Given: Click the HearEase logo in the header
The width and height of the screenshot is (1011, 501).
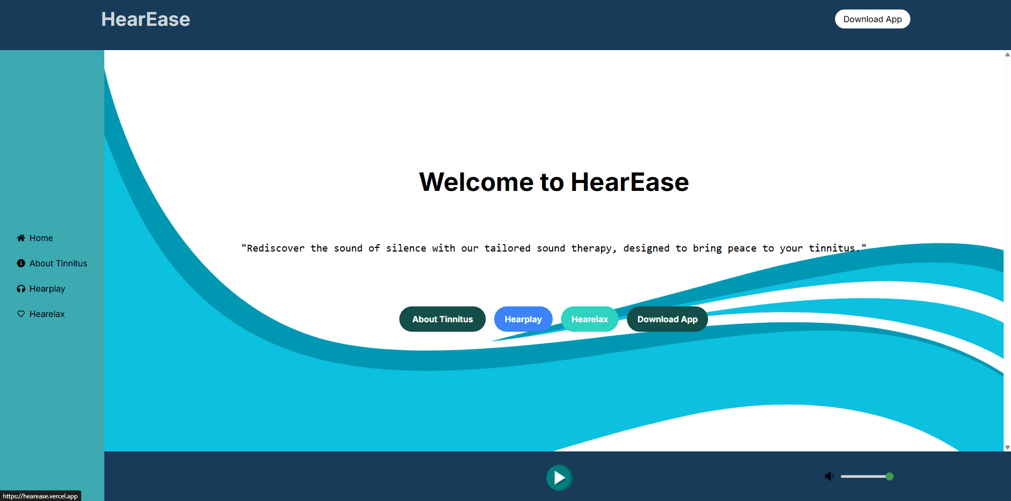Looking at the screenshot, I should pos(145,20).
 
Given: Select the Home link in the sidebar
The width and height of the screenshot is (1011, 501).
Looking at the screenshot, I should pos(41,238).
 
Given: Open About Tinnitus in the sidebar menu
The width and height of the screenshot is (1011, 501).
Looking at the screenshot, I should pos(58,264).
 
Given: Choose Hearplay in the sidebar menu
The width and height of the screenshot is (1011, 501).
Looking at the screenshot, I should pos(47,289).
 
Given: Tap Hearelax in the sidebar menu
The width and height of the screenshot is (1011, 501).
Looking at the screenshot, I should pos(47,314).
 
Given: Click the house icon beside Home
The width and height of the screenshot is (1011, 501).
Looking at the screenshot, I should pos(21,238).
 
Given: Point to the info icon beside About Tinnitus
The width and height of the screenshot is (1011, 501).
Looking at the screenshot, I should pos(21,263).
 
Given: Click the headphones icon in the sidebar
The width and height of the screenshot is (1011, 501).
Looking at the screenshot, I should pos(21,288).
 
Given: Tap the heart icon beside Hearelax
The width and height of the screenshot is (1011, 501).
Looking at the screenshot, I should pos(21,314).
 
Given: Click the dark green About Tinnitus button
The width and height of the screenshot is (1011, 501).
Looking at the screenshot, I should pos(442,319).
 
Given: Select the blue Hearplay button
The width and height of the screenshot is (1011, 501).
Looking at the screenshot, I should pos(523,319).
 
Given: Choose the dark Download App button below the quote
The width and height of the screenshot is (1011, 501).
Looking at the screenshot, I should pos(667,319).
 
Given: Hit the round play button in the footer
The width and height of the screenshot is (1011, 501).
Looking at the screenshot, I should pos(559,478).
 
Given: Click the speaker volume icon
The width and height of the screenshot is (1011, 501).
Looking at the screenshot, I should pos(829,477).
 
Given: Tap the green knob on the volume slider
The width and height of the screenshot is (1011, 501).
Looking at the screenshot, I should pos(889,477).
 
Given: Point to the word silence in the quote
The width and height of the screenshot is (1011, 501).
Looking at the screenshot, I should pos(406,248).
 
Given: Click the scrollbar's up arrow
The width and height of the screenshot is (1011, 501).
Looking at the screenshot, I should pos(1007,54).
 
